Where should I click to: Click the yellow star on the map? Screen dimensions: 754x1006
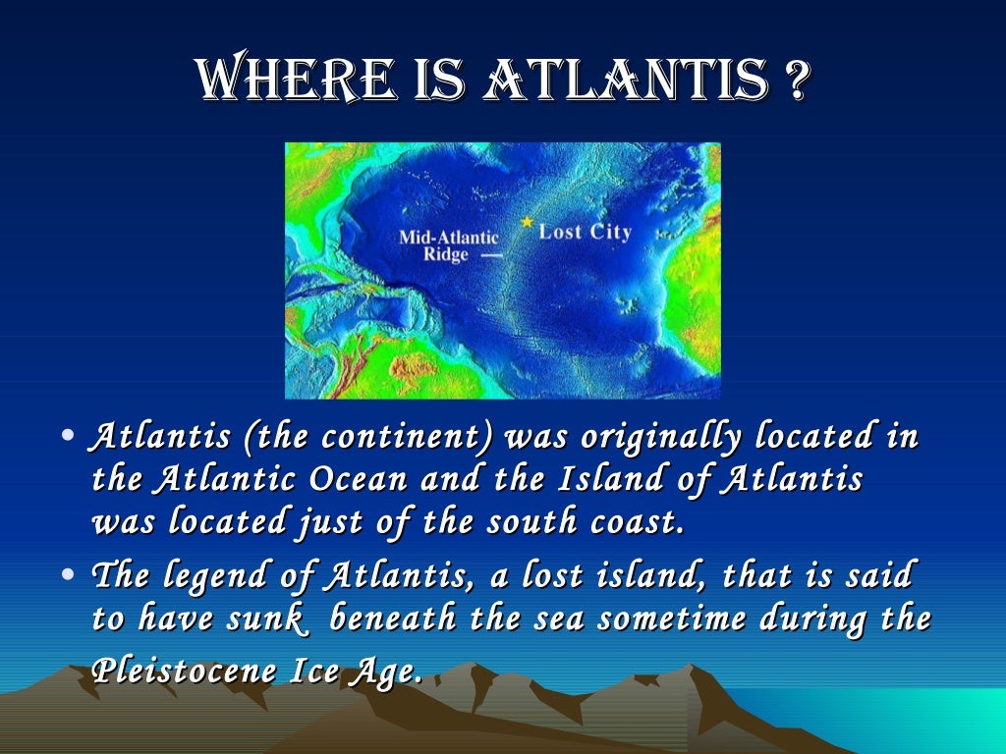click(528, 223)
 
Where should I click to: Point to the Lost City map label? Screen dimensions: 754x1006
click(585, 233)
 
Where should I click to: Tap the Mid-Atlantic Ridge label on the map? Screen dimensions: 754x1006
click(448, 245)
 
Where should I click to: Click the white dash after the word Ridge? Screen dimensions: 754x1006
click(491, 255)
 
